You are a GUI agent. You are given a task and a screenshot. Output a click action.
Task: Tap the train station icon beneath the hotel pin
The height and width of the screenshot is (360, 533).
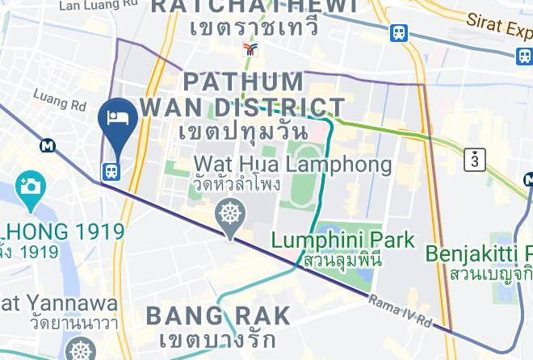111,171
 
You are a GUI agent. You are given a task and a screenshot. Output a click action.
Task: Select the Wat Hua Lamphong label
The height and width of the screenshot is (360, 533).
292,165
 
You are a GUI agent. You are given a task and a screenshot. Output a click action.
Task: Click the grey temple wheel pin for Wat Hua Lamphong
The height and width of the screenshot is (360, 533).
230,216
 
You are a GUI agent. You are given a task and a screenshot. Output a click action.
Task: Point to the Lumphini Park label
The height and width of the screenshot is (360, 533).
342,240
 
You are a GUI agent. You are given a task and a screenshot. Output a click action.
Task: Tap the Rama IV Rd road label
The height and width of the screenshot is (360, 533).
400,312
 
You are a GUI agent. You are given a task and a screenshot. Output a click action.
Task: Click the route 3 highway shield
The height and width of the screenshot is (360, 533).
475,160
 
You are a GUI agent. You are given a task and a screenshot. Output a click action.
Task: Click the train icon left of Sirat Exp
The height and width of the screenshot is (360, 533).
398,33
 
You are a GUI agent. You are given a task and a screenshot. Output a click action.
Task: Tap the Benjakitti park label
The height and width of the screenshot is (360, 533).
478,253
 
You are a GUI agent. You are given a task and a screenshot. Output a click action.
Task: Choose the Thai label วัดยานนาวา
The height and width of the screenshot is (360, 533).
61,324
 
